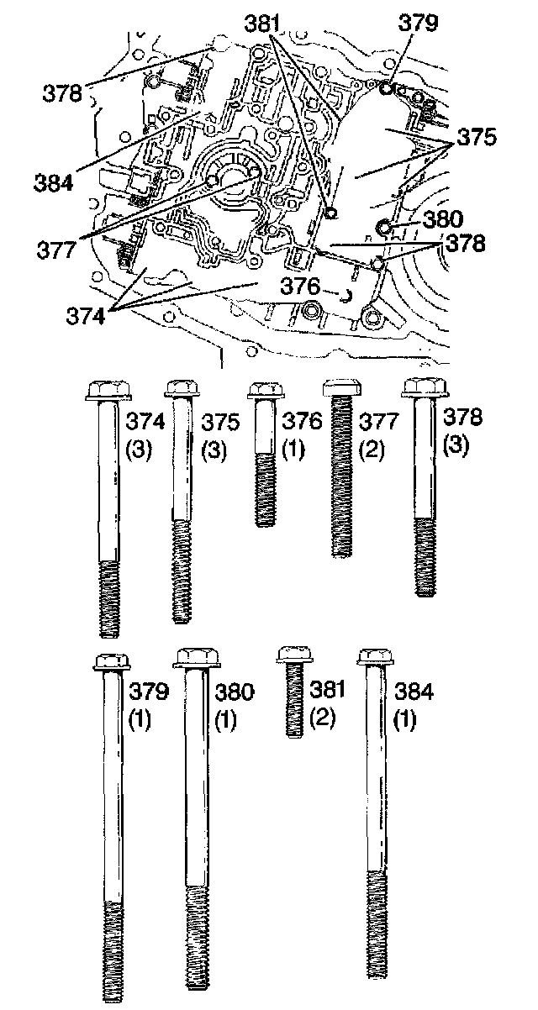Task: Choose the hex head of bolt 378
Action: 424,389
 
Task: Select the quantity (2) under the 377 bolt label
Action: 372,450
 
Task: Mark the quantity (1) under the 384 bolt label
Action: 405,721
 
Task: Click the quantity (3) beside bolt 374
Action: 138,450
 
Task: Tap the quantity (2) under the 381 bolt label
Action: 323,719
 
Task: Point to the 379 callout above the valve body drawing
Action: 419,23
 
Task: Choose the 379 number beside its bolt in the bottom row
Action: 150,692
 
